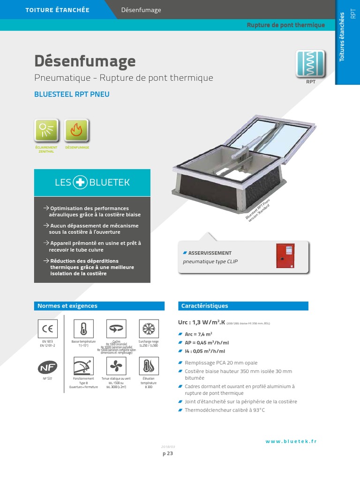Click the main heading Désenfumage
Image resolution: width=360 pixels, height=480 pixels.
pos(85,61)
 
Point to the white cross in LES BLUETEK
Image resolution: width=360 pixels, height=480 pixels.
pos(80,182)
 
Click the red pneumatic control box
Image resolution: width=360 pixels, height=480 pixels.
pos(285,256)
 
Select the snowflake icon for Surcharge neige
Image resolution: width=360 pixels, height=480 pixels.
pos(149,328)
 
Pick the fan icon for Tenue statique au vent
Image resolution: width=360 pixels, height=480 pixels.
pos(115,365)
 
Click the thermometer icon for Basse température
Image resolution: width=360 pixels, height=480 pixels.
pos(83,328)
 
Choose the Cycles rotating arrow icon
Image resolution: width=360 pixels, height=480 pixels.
pos(115,328)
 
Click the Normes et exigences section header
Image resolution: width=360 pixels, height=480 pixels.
pos(67,306)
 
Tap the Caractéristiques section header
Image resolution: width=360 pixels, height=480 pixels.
pos(205,306)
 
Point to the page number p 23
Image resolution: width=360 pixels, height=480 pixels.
pos(168,453)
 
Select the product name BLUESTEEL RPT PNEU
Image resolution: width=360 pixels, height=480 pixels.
pos(72,94)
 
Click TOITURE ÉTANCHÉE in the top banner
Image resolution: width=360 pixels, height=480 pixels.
pos(58,10)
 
